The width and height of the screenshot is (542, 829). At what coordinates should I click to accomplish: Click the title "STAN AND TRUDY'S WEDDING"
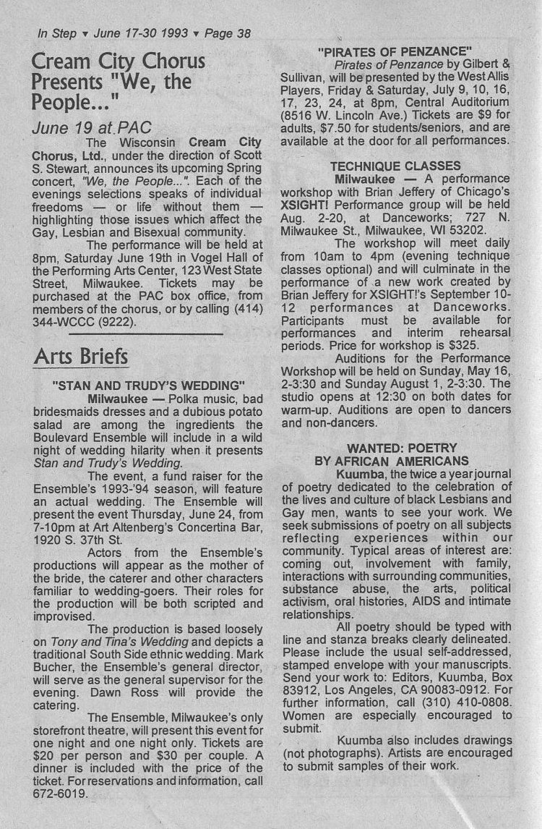149,384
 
